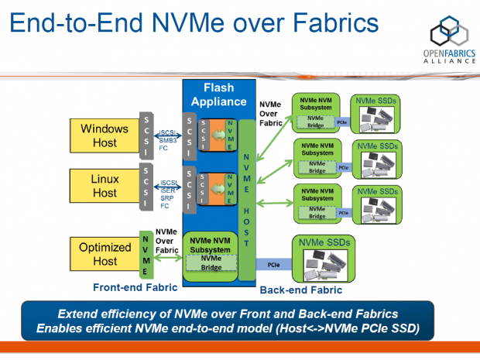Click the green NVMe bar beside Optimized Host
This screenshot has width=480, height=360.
(145, 254)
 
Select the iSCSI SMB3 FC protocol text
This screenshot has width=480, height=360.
(168, 139)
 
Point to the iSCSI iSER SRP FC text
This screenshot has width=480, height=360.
(168, 194)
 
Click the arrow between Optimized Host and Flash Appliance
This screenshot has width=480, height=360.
(166, 259)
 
